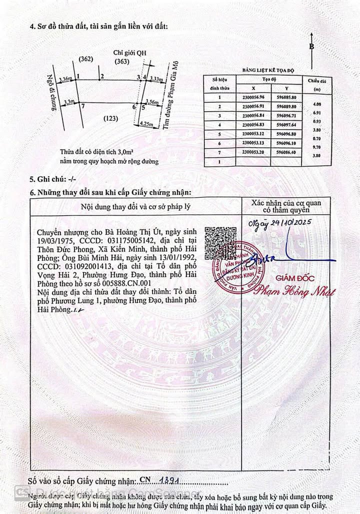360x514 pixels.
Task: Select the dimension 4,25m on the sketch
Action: coord(146,123)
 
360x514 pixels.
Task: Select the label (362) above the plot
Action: coord(86,60)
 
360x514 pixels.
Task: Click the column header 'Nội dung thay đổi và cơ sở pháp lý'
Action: coord(135,206)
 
